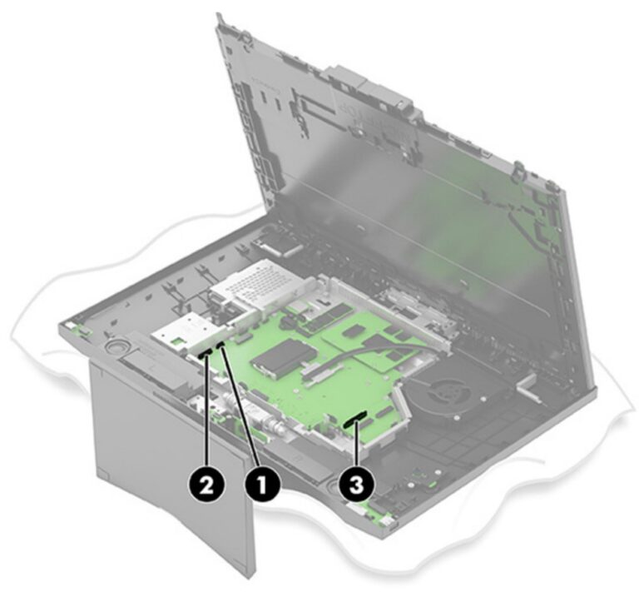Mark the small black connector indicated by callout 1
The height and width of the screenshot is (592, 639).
click(x=221, y=344)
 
